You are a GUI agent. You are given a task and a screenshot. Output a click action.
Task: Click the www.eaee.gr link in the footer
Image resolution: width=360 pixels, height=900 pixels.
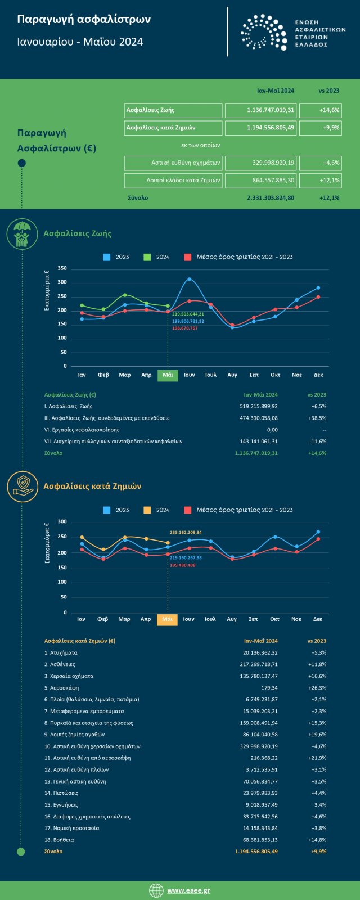pos(188,890)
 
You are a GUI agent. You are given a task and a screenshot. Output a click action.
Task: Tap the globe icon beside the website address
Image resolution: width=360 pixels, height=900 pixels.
pos(156,890)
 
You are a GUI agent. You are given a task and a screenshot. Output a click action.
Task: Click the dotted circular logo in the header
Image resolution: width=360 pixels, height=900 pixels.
pos(263,32)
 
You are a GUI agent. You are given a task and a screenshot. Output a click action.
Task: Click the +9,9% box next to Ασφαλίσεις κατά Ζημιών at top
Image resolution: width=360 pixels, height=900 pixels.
pos(320,128)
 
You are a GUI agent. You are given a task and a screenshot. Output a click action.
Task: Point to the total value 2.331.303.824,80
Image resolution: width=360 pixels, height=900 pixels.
pos(271,198)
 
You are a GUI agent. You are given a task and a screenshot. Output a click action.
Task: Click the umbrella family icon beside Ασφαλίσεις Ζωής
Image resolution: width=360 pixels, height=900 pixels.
pos(22,234)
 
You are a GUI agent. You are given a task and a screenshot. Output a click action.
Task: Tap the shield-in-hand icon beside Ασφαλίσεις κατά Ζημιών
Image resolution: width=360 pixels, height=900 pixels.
pos(22,487)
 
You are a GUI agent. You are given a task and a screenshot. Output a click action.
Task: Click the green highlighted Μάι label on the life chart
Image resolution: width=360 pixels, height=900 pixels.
pos(168,375)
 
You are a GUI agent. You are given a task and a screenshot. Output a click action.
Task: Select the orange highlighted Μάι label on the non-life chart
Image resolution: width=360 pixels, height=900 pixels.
pos(167,619)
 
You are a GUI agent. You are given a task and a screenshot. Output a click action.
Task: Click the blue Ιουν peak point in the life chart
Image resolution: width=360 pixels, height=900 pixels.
pos(189,279)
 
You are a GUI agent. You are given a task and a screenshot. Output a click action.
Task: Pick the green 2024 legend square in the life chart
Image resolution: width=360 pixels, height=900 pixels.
pos(147,257)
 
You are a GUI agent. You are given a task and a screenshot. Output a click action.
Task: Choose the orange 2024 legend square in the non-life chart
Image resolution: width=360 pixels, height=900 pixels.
pos(147,510)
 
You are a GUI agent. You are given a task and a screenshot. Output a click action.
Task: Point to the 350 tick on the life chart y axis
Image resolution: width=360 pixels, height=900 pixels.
pos(62,268)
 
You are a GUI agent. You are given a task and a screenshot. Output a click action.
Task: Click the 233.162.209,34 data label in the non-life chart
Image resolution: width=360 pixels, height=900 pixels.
pos(186,532)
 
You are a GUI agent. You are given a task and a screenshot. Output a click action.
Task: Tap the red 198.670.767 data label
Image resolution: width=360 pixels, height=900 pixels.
pos(185,328)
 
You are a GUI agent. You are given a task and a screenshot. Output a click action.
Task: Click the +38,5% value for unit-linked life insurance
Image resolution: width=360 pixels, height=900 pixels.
pos(318,418)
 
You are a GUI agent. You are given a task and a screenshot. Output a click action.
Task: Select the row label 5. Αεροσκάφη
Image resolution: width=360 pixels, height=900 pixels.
pos(61,688)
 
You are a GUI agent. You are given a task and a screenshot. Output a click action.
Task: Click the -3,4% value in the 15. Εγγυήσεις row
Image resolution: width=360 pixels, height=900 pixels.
pos(318,805)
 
